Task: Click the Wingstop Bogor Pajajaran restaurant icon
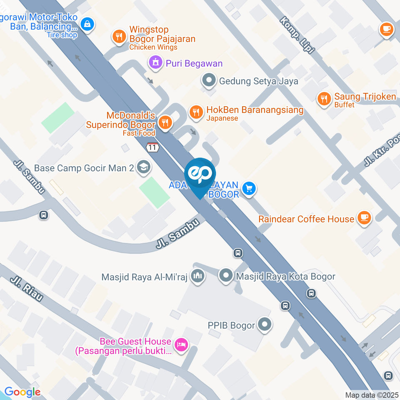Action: pyautogui.click(x=119, y=36)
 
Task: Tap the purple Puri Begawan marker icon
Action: pyautogui.click(x=156, y=63)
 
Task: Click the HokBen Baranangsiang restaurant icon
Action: pyautogui.click(x=195, y=111)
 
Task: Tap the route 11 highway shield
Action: pyautogui.click(x=152, y=147)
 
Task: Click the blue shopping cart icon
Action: pyautogui.click(x=249, y=188)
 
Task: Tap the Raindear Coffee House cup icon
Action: pyautogui.click(x=365, y=217)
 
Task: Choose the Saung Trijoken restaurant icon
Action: pyautogui.click(x=324, y=99)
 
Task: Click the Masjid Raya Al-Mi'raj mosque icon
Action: pyautogui.click(x=197, y=276)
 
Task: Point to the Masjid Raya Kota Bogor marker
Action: pyautogui.click(x=226, y=275)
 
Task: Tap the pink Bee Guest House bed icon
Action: pyautogui.click(x=181, y=345)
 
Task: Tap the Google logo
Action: pyautogui.click(x=22, y=392)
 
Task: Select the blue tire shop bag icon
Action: pyautogui.click(x=87, y=25)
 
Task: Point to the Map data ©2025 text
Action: pyautogui.click(x=372, y=395)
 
